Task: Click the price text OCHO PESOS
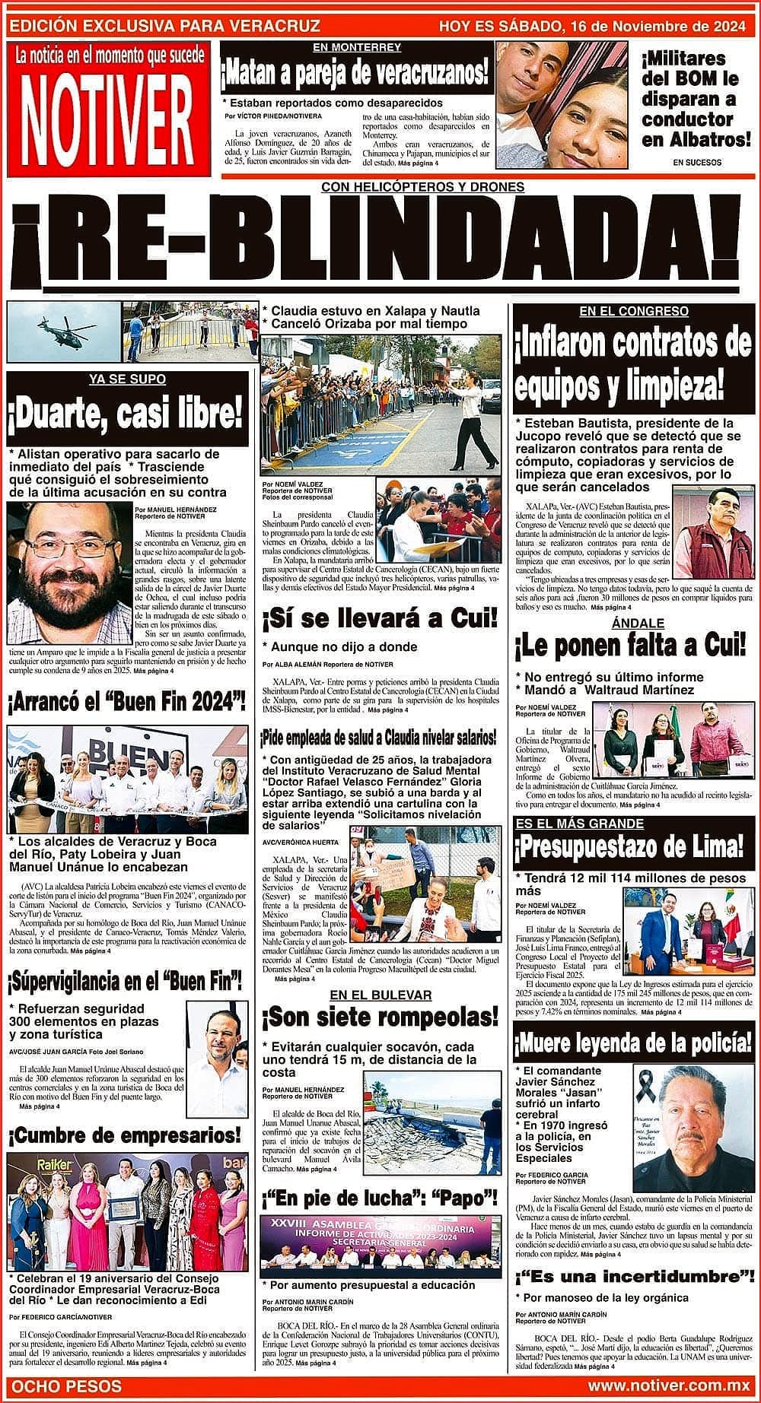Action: point(66,1386)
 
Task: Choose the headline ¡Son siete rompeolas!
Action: point(379,1017)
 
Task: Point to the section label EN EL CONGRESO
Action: point(633,311)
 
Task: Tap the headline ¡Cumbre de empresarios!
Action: point(125,1136)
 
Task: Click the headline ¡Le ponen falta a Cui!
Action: point(631,647)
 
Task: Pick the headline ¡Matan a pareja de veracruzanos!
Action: point(355,75)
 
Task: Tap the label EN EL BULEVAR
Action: point(380,995)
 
